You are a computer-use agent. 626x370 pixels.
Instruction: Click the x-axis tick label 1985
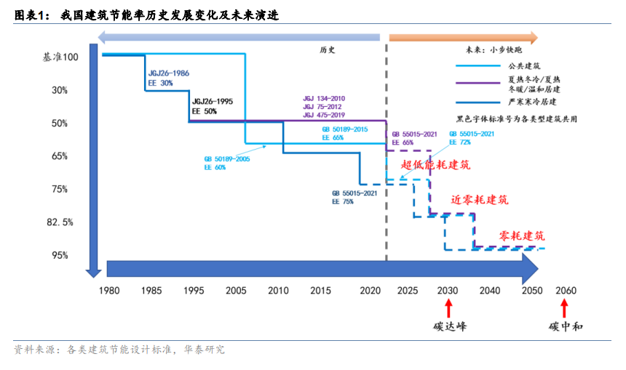coord(151,291)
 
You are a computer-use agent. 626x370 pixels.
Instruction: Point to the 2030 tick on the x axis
coord(448,291)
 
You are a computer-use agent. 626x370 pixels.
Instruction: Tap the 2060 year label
coord(566,291)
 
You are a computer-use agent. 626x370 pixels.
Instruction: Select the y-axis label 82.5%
coord(60,222)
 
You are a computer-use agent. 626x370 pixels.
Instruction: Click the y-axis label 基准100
coord(60,57)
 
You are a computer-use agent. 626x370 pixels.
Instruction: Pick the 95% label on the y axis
coord(60,255)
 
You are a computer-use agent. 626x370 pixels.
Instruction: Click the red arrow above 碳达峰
coord(448,308)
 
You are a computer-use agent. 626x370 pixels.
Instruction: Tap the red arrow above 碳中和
coord(564,308)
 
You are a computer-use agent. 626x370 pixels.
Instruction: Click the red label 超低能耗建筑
coord(435,165)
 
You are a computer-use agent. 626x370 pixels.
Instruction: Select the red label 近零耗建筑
coord(480,199)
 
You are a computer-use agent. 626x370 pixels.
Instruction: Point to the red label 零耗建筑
coord(521,236)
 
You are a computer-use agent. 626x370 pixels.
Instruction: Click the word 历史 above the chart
coord(327,50)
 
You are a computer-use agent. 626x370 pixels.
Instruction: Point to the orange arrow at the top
coord(463,38)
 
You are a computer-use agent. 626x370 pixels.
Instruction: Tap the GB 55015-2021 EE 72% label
coord(472,138)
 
